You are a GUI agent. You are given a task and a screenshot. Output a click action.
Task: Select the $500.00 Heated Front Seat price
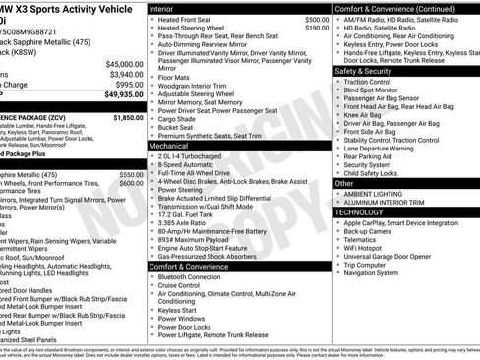coord(317,19)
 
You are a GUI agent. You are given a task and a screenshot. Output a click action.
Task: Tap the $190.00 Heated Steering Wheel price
coord(317,29)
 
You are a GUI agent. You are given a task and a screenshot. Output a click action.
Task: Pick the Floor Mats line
coord(173,75)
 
